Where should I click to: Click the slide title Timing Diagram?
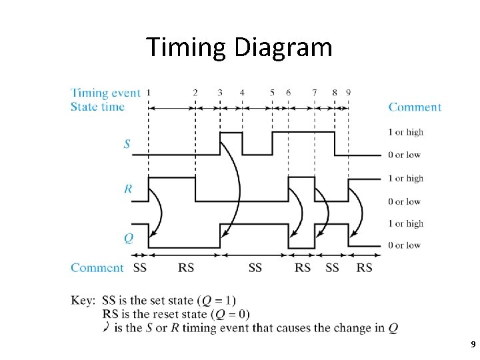[x=239, y=47]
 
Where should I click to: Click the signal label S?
[x=127, y=143]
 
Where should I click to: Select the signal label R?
[x=127, y=189]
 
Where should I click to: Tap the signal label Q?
[x=128, y=237]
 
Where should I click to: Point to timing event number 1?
[x=148, y=93]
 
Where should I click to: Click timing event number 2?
[x=195, y=93]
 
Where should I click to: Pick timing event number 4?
[x=242, y=93]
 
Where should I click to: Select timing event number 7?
[x=315, y=93]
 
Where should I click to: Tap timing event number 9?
[x=349, y=93]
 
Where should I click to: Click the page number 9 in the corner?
[x=473, y=345]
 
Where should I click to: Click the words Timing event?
[x=105, y=93]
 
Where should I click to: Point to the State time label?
[x=97, y=107]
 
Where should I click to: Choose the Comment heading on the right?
[x=415, y=107]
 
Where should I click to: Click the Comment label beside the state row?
[x=97, y=268]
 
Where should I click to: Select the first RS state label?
[x=187, y=268]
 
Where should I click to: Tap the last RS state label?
[x=364, y=268]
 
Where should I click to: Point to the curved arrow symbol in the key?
[x=107, y=327]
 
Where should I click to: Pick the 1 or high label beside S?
[x=406, y=132]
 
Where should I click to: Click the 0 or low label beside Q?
[x=405, y=245]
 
